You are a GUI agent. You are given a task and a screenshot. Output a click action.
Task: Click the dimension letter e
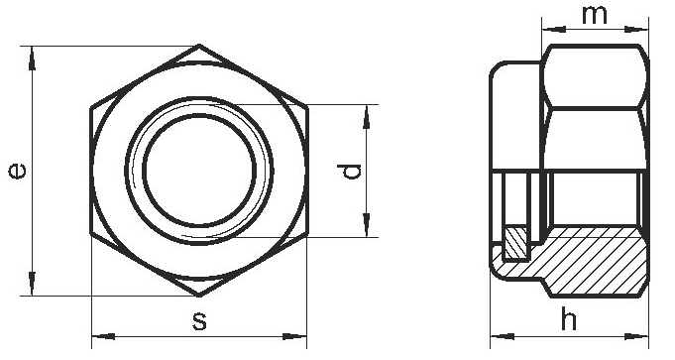point(17,171)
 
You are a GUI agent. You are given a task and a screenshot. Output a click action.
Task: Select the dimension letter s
point(199,321)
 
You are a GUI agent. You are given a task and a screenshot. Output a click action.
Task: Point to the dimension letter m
point(595,16)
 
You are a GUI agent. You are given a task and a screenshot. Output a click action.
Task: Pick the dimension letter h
point(569,319)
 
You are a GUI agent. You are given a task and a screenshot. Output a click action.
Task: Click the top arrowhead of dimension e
point(32,59)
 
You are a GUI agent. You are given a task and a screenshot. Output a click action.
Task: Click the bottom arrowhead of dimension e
point(32,284)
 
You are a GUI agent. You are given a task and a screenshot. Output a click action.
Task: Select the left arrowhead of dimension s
point(104,336)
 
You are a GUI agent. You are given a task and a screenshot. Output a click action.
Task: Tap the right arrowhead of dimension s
point(295,336)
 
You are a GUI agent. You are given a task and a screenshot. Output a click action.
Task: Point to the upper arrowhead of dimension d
point(367,117)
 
